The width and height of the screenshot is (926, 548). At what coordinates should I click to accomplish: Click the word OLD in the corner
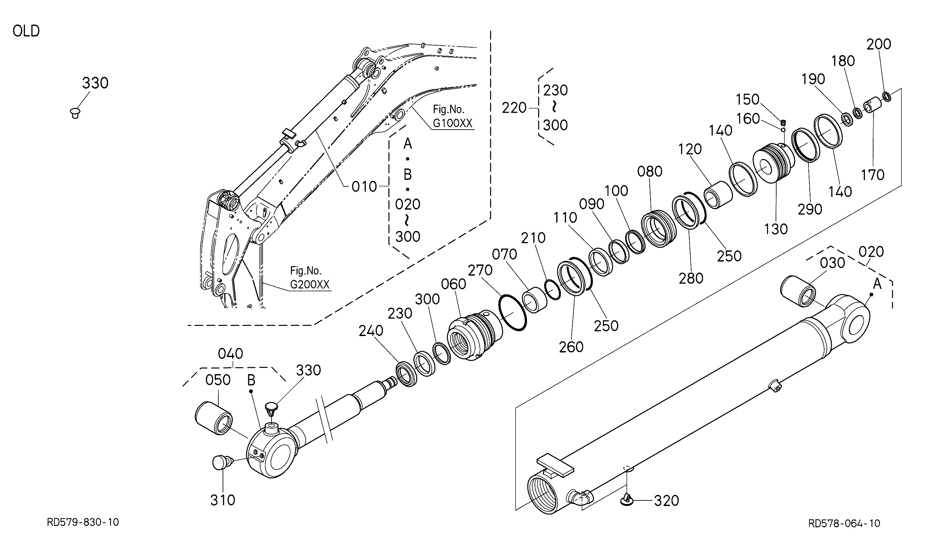(x=26, y=31)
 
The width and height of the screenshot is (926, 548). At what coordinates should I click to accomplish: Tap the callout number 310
(x=223, y=500)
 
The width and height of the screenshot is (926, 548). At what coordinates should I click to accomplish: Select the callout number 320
(x=666, y=501)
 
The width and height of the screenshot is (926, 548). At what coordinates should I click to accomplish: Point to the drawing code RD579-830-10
(x=83, y=522)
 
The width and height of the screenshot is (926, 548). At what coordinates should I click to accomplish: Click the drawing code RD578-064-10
(x=844, y=523)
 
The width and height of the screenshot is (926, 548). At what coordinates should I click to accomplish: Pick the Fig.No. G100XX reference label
(x=452, y=116)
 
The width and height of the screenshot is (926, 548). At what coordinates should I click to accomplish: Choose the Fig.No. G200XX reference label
(x=310, y=278)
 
